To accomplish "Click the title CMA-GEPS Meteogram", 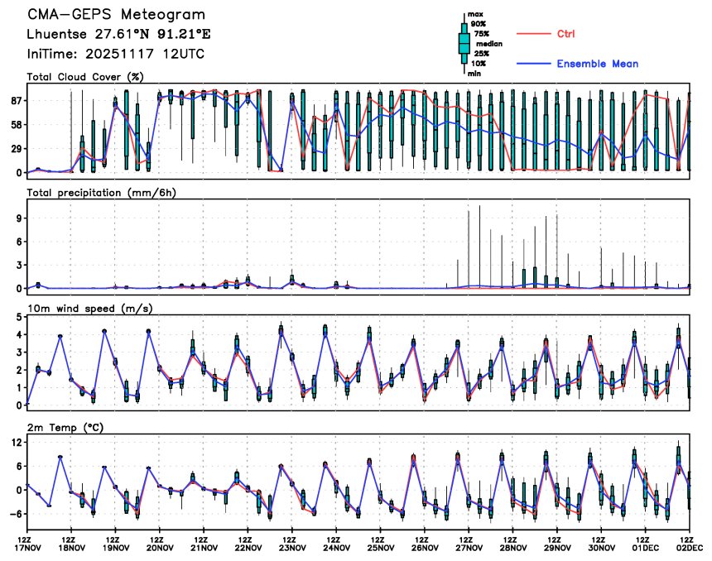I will [x=117, y=15].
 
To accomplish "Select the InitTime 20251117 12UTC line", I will [x=116, y=54].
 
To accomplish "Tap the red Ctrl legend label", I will [x=566, y=34].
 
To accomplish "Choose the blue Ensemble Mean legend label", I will [x=597, y=64].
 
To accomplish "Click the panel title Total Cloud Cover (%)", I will [x=85, y=77].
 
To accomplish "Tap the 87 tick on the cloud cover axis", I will [x=15, y=100].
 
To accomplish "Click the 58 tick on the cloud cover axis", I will [x=15, y=124].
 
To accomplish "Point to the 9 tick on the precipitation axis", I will [x=18, y=218].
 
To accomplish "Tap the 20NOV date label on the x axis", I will [x=159, y=548].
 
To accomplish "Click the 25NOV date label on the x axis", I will [x=380, y=548].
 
